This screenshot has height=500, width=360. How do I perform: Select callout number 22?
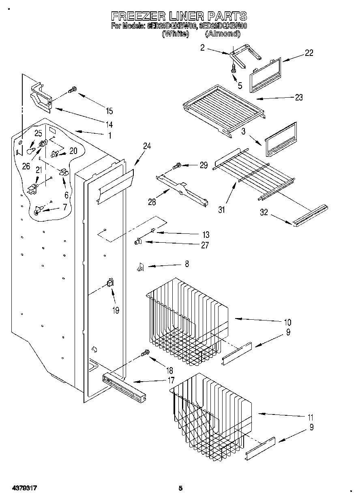[x=309, y=53]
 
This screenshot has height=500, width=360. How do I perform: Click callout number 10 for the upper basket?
[x=287, y=323]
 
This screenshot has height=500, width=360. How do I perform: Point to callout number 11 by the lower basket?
[x=311, y=417]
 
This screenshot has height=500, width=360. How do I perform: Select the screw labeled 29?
[x=177, y=166]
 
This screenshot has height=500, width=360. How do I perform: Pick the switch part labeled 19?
[x=109, y=283]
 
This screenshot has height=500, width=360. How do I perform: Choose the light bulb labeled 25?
[x=30, y=150]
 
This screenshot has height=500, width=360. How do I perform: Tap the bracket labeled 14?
[x=42, y=98]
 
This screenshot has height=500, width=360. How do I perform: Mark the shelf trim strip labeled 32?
[x=310, y=215]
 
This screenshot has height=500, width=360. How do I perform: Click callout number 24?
[x=147, y=147]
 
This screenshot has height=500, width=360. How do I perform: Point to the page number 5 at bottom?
[x=181, y=488]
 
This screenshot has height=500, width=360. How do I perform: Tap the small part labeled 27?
[x=138, y=242]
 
